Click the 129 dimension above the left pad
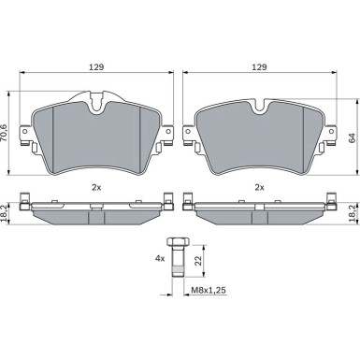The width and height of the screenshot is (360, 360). pyautogui.click(x=96, y=67)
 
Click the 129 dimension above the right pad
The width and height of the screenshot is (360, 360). pyautogui.click(x=259, y=67)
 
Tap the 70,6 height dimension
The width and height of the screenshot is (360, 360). pyautogui.click(x=4, y=134)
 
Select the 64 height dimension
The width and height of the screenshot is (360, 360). pyautogui.click(x=352, y=138)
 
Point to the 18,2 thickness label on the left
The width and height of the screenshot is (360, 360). pyautogui.click(x=4, y=213)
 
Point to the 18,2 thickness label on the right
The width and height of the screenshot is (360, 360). pyautogui.click(x=353, y=213)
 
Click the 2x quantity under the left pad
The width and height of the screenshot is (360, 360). pyautogui.click(x=96, y=187)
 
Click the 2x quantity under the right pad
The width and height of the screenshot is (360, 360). pyautogui.click(x=259, y=187)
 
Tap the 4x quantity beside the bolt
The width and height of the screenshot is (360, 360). pyautogui.click(x=160, y=258)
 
